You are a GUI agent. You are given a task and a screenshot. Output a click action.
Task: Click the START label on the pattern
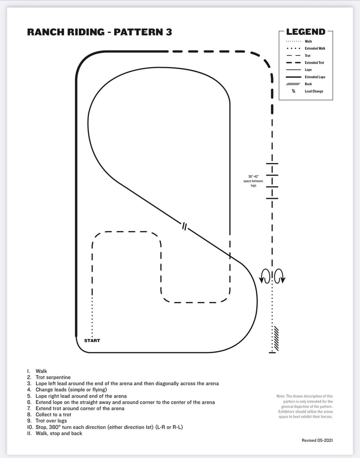pos(92,340)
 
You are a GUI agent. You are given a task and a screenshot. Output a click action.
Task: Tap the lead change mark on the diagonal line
pos(184,226)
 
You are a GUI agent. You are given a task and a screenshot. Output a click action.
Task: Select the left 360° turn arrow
pos(264,276)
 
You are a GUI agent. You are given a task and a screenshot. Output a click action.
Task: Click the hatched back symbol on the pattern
pos(276,339)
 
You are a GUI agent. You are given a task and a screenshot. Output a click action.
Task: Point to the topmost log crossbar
pos(272,164)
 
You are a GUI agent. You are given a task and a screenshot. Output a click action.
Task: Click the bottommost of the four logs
pos(272,198)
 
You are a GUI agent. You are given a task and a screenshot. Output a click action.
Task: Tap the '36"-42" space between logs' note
pos(253,181)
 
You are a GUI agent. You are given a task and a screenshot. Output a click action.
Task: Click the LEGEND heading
pos(306,32)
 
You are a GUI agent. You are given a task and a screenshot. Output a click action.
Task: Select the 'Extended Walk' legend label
pos(315,48)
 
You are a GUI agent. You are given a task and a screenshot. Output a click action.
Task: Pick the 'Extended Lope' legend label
pos(315,77)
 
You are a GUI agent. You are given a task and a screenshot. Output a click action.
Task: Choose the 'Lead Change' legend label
pos(314,91)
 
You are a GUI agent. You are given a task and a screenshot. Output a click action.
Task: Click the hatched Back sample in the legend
pos(293,84)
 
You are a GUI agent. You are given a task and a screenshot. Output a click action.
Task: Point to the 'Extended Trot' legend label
pos(314,62)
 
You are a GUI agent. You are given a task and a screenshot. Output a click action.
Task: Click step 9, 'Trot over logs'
pos(47,421)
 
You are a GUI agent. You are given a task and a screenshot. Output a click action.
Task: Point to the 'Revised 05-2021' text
pos(317,440)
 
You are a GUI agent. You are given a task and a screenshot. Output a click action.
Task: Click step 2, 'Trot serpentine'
pos(49,377)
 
